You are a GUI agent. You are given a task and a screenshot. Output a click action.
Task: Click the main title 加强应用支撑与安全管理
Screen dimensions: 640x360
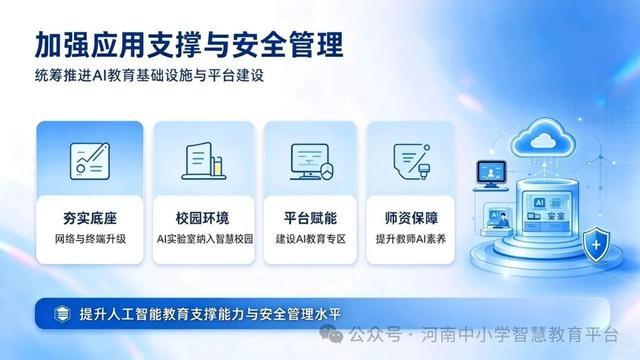189,44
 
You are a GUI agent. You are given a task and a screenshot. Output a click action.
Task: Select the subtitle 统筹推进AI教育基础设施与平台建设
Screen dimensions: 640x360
149,76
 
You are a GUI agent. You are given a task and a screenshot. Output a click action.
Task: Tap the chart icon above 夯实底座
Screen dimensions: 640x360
90,161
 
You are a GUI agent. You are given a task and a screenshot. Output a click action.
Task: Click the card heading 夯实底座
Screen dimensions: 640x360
90,218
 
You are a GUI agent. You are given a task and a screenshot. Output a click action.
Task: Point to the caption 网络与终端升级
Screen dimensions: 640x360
90,239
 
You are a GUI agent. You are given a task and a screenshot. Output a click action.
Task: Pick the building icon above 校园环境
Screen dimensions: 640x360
204,161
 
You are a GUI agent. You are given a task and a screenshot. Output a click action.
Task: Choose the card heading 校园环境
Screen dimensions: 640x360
202,218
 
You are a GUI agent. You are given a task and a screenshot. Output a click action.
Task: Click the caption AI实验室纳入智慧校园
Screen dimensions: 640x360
204,239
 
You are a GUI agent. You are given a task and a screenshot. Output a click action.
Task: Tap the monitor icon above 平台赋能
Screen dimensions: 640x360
312,162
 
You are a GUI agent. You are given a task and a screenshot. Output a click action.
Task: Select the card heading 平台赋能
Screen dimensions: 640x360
310,218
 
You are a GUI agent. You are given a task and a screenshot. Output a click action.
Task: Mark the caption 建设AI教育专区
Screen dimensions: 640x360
310,239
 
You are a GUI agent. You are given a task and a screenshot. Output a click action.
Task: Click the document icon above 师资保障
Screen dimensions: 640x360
412,161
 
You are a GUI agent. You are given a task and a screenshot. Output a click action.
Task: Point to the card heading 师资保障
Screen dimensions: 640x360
411,218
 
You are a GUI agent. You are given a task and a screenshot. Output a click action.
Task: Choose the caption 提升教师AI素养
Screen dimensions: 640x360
411,239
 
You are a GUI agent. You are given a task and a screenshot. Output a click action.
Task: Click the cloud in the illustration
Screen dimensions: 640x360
543,138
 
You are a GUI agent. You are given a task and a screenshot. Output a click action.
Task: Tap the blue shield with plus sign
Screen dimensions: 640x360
596,244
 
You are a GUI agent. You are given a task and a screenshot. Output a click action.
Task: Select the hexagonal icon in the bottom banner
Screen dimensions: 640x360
62,314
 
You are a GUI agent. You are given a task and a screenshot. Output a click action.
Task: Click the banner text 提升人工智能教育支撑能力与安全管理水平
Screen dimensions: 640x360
210,314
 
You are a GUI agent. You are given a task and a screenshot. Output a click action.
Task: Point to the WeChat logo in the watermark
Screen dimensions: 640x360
331,333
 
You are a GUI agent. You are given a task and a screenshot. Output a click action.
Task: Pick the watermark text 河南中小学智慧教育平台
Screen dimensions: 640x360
520,335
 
